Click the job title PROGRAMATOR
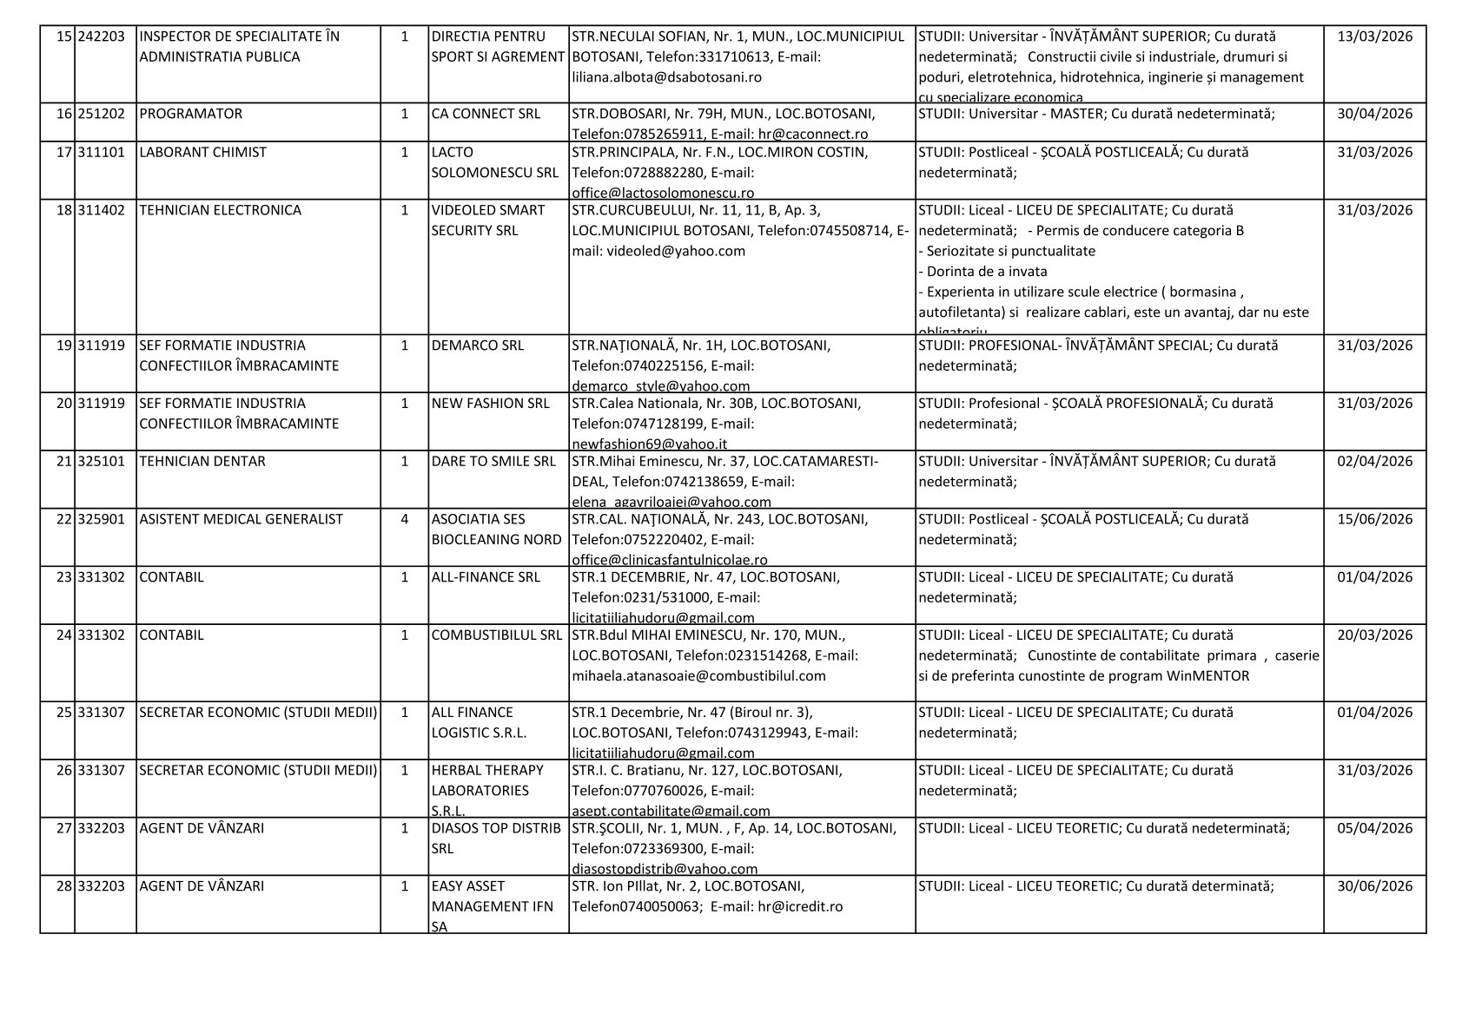pyautogui.click(x=191, y=114)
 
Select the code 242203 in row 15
pyautogui.click(x=102, y=36)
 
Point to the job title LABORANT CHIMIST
pyautogui.click(x=202, y=152)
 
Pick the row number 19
pyautogui.click(x=63, y=345)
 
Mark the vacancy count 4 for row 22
pyautogui.click(x=404, y=519)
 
